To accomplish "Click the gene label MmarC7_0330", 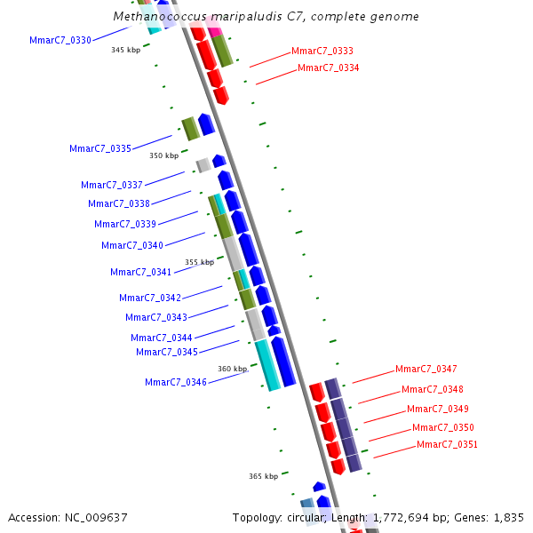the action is tap(60, 40).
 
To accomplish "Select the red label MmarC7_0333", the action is tap(322, 52).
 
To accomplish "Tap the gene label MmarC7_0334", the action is tap(328, 68).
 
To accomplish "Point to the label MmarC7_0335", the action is tap(99, 148).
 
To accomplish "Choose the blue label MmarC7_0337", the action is tap(111, 185).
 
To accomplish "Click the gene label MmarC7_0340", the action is tap(131, 245).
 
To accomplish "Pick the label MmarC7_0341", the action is tap(140, 272).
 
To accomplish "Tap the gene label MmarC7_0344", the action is tap(161, 338).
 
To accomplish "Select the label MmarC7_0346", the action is tap(175, 382).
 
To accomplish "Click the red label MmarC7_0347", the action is tap(426, 369).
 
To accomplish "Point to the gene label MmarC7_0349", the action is tap(437, 409).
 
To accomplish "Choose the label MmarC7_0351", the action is tap(447, 444).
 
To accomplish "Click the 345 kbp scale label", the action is tap(125, 50).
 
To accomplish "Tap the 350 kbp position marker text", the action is tap(163, 155).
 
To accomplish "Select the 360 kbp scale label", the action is tap(233, 369).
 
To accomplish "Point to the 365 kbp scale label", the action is tap(263, 476).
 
